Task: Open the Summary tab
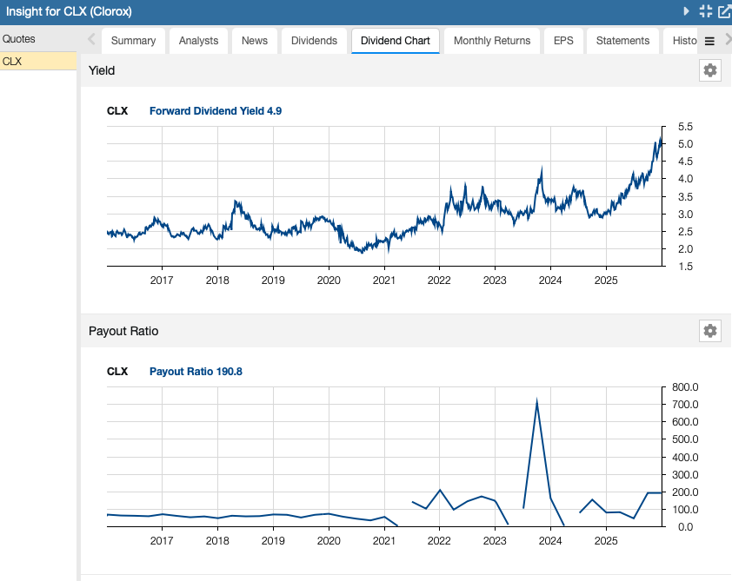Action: pyautogui.click(x=133, y=41)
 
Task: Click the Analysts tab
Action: pyautogui.click(x=199, y=41)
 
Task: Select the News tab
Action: pyautogui.click(x=255, y=41)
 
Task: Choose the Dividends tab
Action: pyautogui.click(x=314, y=41)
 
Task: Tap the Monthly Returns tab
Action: pyautogui.click(x=491, y=41)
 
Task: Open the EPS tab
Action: pyautogui.click(x=563, y=41)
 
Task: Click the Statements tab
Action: pyautogui.click(x=622, y=41)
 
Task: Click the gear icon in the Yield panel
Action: pyautogui.click(x=710, y=70)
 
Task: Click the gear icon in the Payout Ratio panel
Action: pyautogui.click(x=710, y=331)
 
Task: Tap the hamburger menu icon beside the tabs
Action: pyautogui.click(x=709, y=41)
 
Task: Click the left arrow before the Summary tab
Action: pyautogui.click(x=91, y=40)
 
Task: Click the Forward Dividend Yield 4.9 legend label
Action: pyautogui.click(x=216, y=111)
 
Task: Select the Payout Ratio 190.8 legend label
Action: pyautogui.click(x=196, y=372)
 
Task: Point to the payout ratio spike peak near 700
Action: pyautogui.click(x=537, y=401)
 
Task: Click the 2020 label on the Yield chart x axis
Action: pyautogui.click(x=328, y=281)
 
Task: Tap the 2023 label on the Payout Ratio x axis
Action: pyautogui.click(x=495, y=541)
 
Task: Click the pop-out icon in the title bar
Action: pyautogui.click(x=723, y=11)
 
